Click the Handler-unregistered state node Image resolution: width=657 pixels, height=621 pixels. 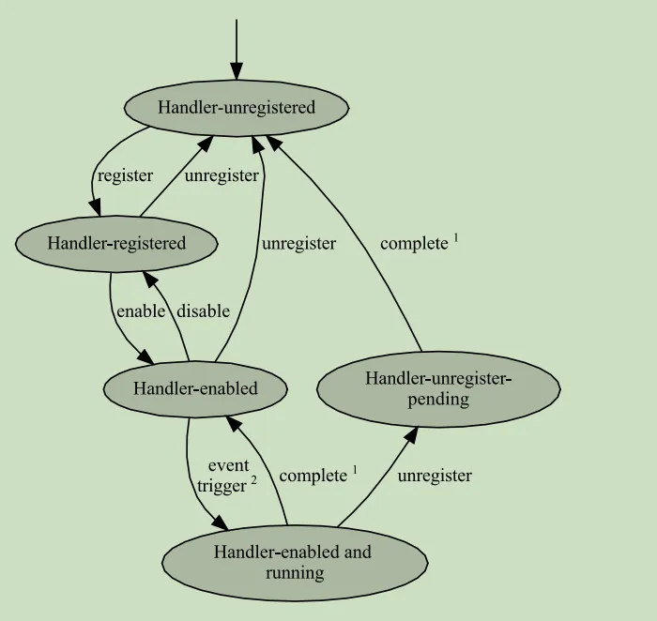(x=236, y=108)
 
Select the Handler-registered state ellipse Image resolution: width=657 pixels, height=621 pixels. (x=116, y=244)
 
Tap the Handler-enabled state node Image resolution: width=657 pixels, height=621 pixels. (x=195, y=388)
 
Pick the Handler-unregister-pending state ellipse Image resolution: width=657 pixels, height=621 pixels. (x=438, y=388)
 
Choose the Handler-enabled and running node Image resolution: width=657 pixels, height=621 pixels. (x=294, y=562)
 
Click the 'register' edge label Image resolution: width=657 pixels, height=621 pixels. (x=125, y=175)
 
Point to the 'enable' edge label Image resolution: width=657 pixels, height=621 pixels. (x=139, y=311)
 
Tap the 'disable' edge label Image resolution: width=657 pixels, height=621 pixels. (x=204, y=311)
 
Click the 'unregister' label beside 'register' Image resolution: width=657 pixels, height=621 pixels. (x=222, y=175)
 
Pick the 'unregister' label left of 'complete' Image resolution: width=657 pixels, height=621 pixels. (x=298, y=244)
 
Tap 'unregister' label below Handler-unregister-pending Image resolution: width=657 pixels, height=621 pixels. (x=435, y=476)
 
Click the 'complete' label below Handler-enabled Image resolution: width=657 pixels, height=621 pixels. (x=313, y=476)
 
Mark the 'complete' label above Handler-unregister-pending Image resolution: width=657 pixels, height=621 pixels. (x=414, y=244)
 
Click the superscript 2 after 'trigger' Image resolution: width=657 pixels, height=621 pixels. (x=253, y=481)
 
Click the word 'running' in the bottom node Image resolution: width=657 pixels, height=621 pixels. (x=294, y=572)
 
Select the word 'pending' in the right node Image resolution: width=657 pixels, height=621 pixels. (x=438, y=399)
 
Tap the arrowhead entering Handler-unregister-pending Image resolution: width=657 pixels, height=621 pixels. (x=411, y=433)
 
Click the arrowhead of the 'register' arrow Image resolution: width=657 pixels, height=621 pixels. (x=96, y=208)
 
